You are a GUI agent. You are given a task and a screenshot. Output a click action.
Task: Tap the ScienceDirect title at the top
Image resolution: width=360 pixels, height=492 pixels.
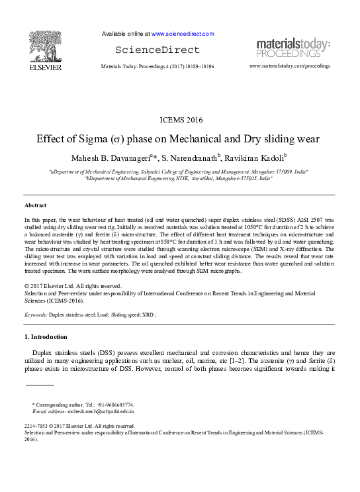point(157,50)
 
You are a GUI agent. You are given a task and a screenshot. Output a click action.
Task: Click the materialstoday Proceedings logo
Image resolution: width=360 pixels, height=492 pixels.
point(293,48)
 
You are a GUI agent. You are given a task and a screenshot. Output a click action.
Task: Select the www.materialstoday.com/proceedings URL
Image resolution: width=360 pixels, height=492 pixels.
point(290,67)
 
